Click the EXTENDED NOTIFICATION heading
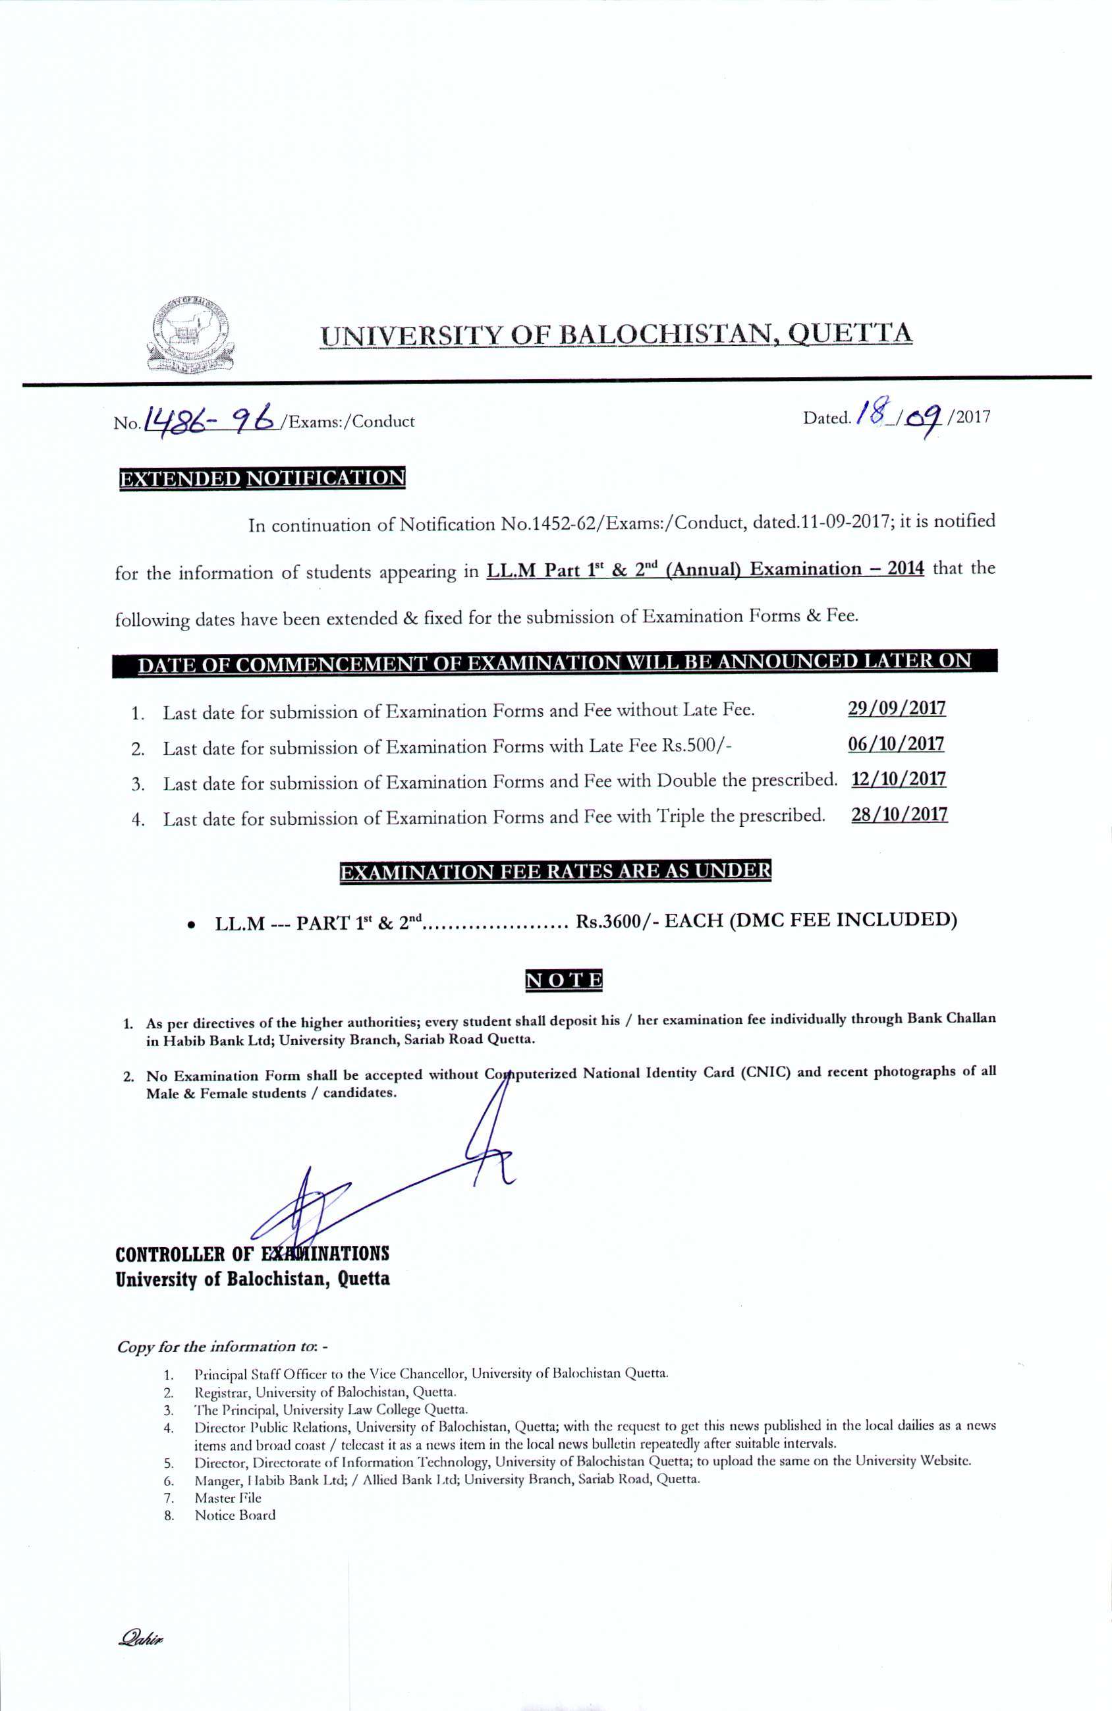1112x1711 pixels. point(262,479)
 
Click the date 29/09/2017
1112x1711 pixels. point(897,708)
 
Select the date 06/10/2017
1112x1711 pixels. point(896,743)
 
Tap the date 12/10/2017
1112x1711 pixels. point(898,779)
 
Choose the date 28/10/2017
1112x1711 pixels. point(899,814)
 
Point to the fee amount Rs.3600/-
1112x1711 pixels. point(617,921)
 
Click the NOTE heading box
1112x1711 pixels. point(565,980)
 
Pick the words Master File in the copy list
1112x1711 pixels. point(228,1498)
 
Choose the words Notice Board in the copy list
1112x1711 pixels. point(235,1515)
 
